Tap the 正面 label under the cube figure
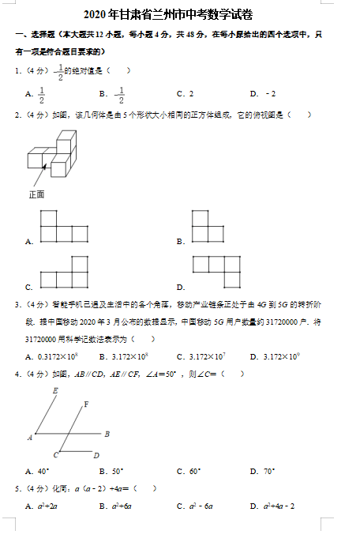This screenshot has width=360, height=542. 37,194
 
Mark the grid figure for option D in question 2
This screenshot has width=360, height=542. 216,272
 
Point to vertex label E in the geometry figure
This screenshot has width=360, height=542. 54,390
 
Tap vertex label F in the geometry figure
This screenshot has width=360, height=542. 85,404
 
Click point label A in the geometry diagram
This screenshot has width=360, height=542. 30,436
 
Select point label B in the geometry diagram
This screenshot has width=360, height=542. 107,434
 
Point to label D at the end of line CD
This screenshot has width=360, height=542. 96,455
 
